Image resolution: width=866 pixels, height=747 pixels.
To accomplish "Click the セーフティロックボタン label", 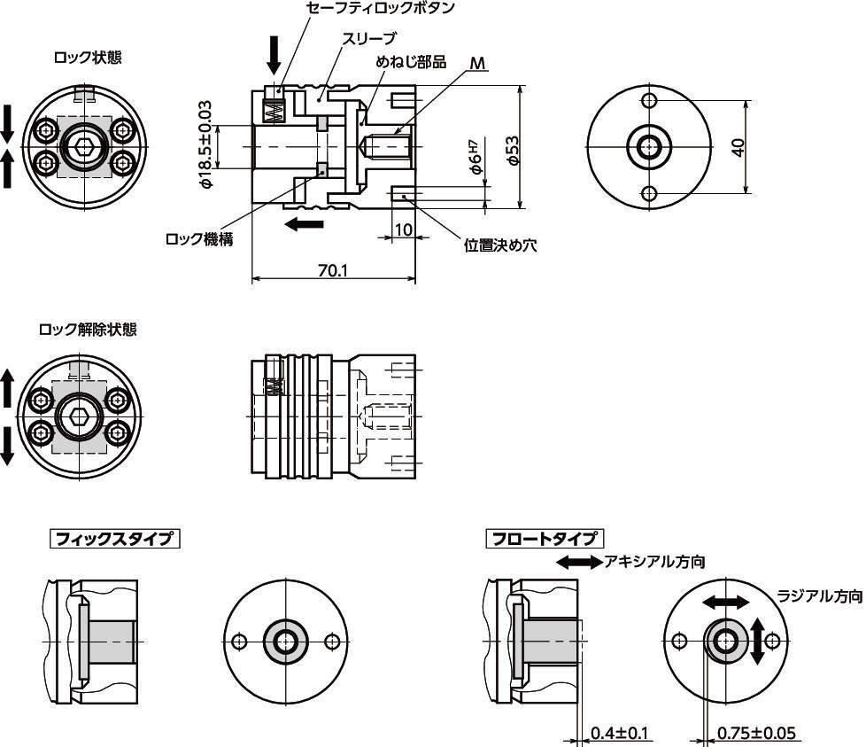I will click(x=381, y=9).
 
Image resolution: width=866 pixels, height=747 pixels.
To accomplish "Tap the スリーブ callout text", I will click(x=368, y=38).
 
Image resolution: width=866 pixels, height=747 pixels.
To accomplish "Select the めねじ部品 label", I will click(x=411, y=62).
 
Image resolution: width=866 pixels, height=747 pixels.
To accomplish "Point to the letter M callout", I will click(x=478, y=63).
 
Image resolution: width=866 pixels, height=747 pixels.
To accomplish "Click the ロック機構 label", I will click(x=199, y=239).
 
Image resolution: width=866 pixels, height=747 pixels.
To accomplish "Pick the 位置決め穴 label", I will click(x=501, y=245).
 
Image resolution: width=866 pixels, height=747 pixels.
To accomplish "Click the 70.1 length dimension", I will click(x=332, y=270).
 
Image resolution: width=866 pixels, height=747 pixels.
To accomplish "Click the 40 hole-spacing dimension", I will click(x=738, y=146).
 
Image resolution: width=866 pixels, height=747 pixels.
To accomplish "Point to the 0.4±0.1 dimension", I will click(x=621, y=733).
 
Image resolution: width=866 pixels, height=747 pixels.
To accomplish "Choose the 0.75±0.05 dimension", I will click(x=756, y=733).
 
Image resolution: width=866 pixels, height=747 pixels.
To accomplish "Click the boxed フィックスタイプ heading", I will click(x=113, y=538).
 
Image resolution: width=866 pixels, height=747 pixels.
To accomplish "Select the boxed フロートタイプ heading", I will click(x=545, y=538).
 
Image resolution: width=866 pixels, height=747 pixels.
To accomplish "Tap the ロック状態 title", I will click(x=88, y=58).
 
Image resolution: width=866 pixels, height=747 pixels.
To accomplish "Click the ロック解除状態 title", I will click(x=88, y=330).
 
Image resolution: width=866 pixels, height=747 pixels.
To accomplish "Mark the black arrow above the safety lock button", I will click(x=274, y=55).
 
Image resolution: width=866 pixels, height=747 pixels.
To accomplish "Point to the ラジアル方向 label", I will click(x=819, y=596).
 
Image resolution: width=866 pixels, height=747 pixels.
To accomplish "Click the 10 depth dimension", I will click(x=404, y=230).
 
